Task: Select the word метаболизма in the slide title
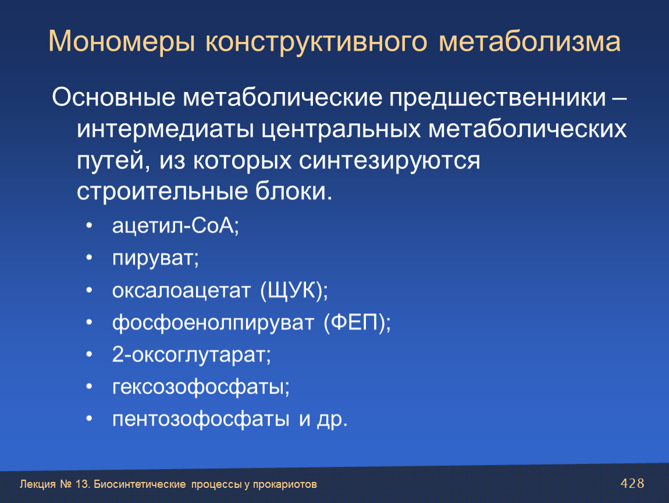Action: click(529, 42)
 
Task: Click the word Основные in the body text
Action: click(113, 97)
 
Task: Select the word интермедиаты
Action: click(166, 129)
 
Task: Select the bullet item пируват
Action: click(155, 258)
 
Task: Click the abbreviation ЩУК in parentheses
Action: click(294, 291)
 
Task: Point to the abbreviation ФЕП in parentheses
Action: click(357, 323)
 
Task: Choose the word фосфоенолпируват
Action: click(213, 323)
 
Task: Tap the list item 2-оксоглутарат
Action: click(191, 355)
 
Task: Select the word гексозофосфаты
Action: click(201, 387)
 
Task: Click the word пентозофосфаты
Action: click(201, 419)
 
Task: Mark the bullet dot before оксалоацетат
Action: click(89, 291)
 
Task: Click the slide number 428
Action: click(632, 483)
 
